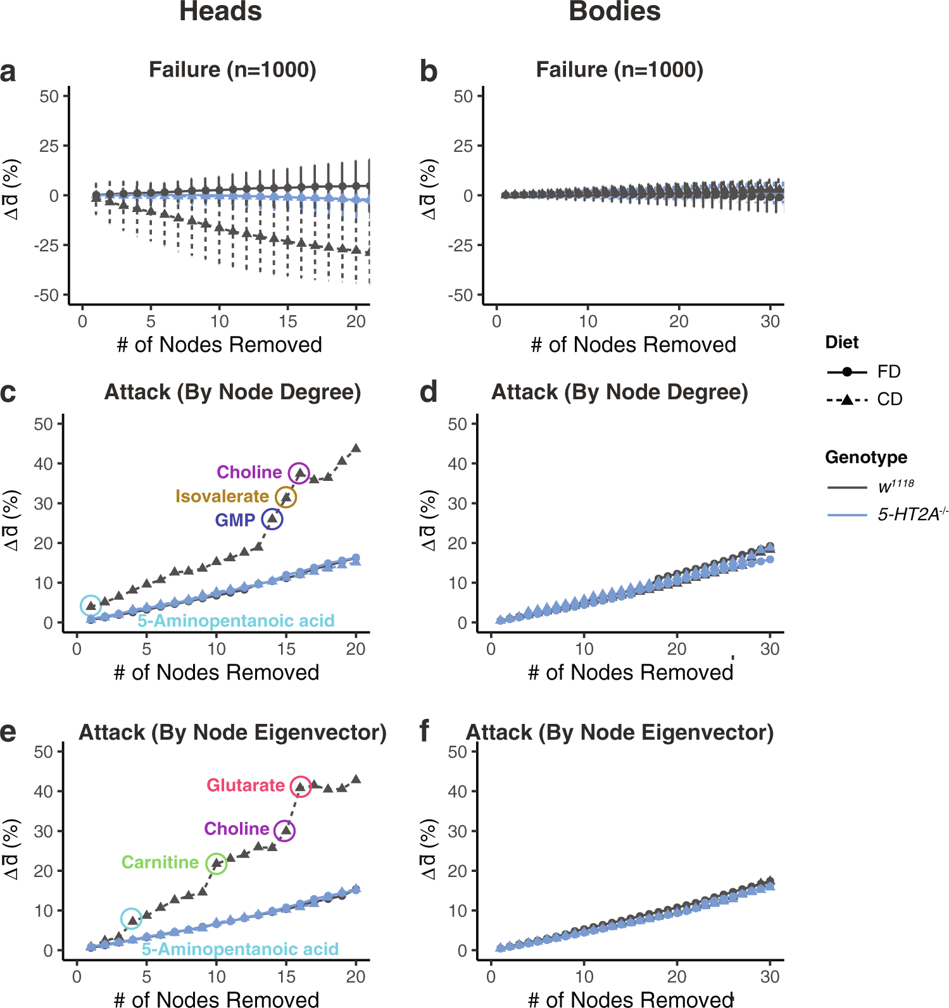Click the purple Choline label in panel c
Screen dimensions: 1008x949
click(x=249, y=472)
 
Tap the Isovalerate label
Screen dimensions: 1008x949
click(x=222, y=496)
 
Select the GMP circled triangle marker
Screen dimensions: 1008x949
click(x=272, y=519)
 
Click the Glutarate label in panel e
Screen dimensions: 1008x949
click(x=246, y=785)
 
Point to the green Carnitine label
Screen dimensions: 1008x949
click(x=160, y=862)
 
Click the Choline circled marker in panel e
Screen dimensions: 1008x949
click(x=285, y=830)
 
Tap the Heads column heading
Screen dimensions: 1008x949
click(x=220, y=11)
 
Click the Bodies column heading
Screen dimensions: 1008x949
click(x=614, y=11)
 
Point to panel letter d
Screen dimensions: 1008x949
click(x=428, y=392)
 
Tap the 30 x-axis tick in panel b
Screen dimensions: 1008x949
click(x=770, y=321)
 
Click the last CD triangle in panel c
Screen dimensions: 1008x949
click(x=356, y=448)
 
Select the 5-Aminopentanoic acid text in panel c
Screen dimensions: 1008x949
click(x=236, y=621)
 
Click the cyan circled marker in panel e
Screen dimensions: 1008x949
click(x=131, y=919)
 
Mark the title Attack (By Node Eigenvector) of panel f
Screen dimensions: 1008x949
click(x=619, y=732)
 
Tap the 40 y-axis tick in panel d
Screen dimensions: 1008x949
click(x=457, y=464)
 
